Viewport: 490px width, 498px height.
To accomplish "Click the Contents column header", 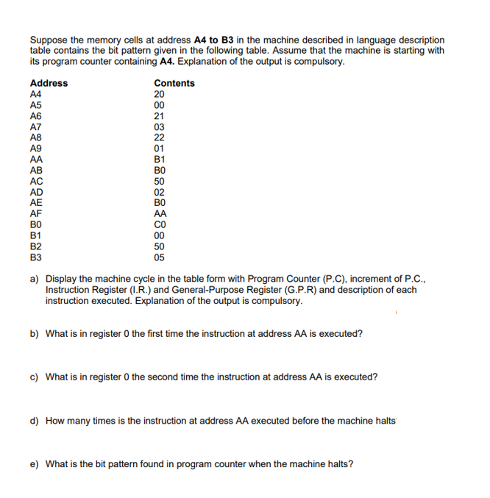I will (174, 83).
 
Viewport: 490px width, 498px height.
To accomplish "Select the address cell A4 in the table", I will (35, 94).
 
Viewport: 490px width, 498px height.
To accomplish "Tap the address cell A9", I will (35, 148).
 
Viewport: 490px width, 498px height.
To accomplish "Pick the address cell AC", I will (36, 181).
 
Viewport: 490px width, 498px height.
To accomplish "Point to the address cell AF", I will (36, 214).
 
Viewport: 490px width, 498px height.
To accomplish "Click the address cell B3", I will (35, 257).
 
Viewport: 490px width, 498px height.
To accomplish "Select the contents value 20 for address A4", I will (159, 94).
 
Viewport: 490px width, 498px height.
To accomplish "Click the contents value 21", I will (159, 115).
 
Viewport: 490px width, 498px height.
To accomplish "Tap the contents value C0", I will (160, 225).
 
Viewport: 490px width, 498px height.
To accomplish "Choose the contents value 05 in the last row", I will (159, 257).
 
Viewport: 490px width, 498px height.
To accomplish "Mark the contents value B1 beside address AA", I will (159, 159).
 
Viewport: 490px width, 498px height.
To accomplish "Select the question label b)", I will (35, 333).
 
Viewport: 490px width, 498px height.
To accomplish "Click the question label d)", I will (35, 421).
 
